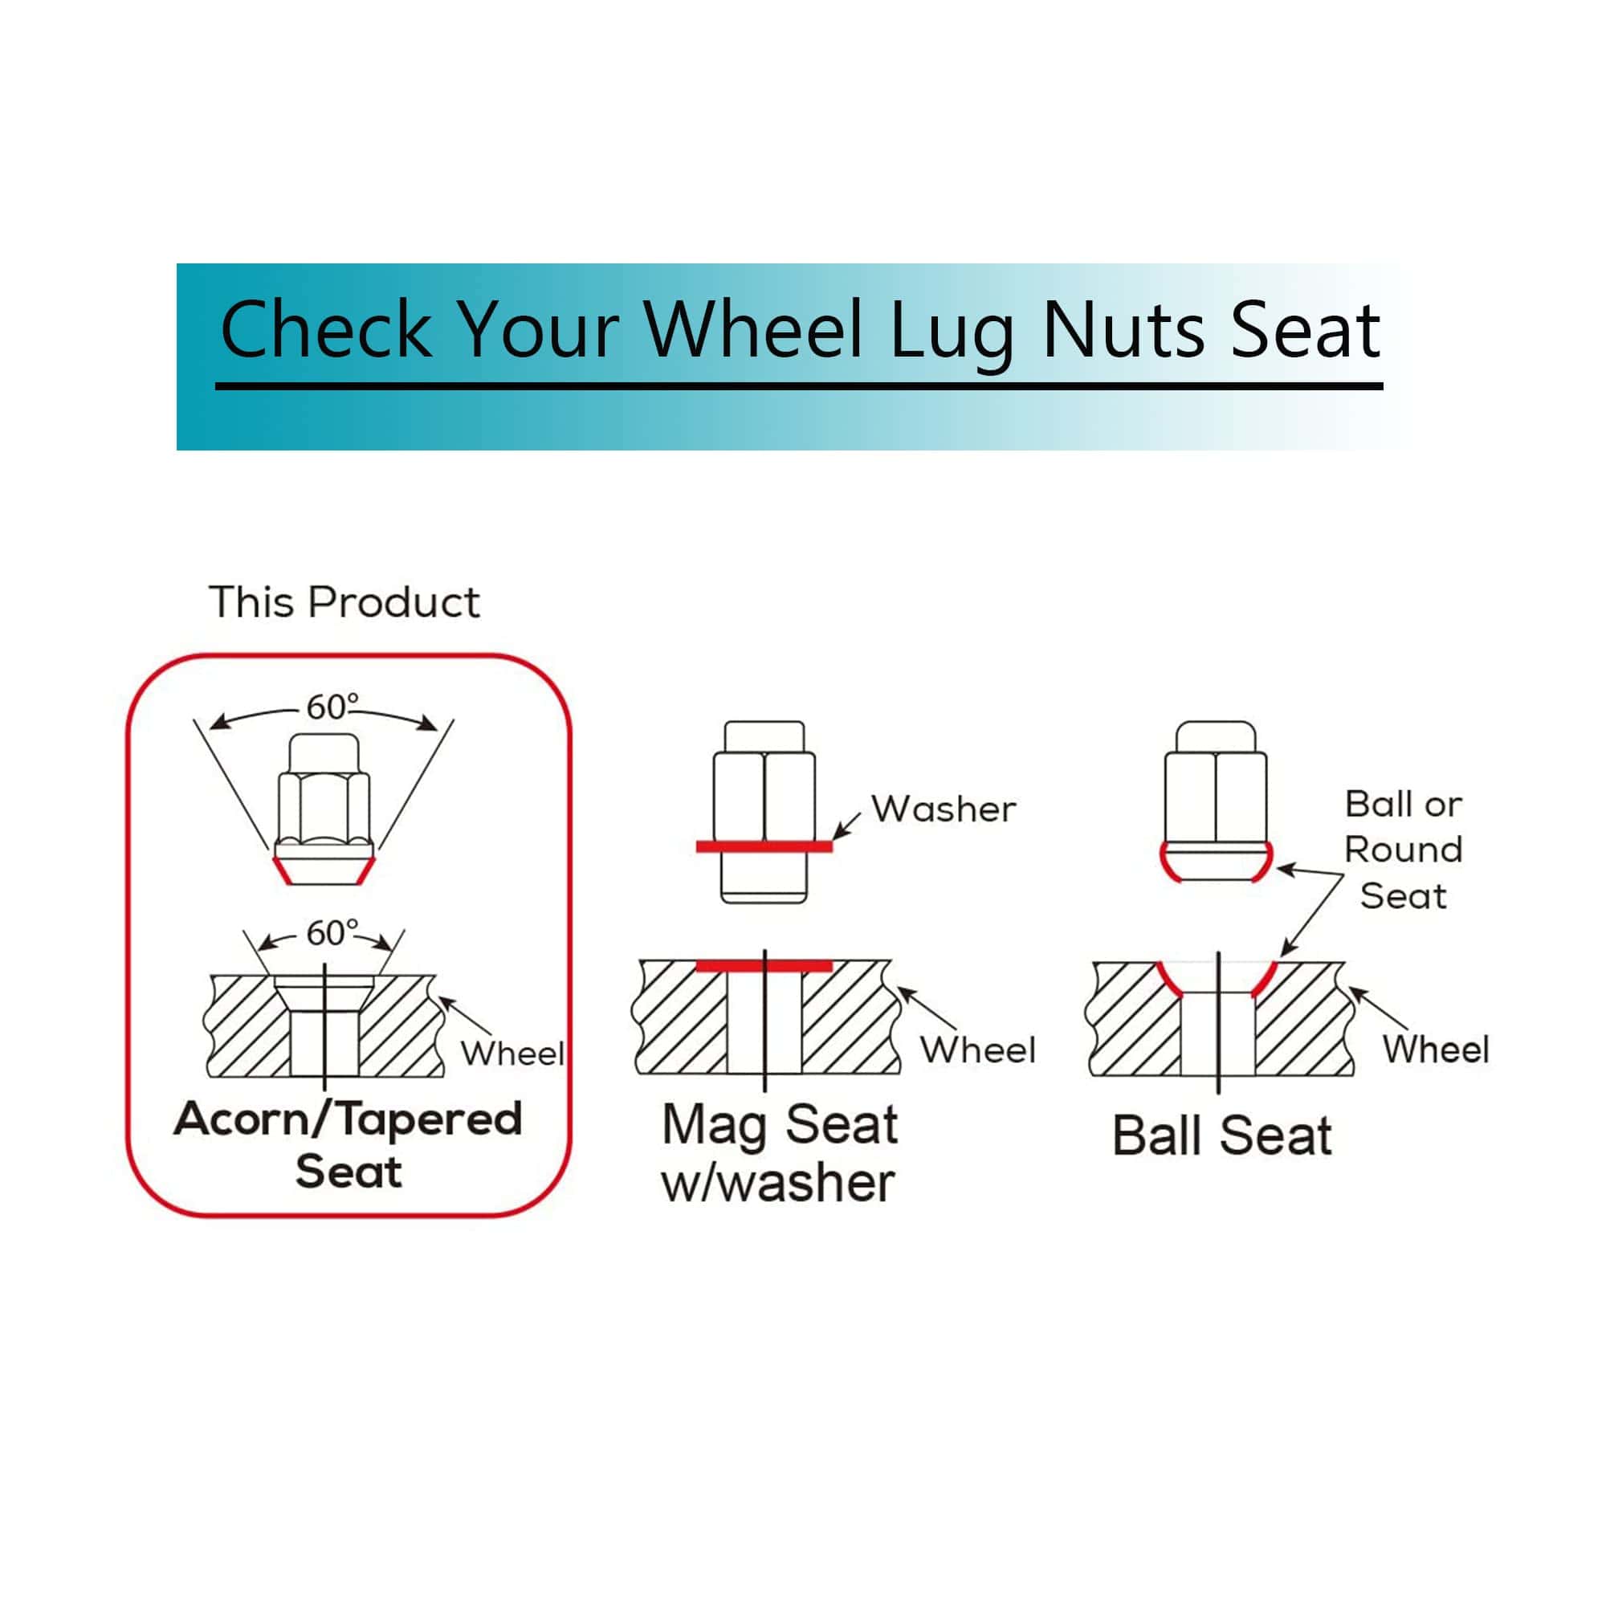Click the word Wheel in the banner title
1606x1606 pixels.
(x=753, y=330)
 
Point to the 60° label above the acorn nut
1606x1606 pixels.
(x=332, y=707)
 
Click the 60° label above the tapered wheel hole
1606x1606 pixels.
(x=332, y=934)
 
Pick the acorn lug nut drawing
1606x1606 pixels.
(x=324, y=809)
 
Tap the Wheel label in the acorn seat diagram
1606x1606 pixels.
(x=513, y=1054)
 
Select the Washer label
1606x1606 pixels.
(x=944, y=809)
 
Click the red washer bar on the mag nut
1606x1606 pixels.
(x=764, y=846)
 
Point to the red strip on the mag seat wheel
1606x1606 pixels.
(x=764, y=966)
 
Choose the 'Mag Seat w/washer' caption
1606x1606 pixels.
(x=779, y=1152)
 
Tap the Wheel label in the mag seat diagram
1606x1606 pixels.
(x=978, y=1050)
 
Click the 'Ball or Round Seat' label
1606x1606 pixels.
(x=1403, y=850)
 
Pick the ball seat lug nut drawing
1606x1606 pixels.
(x=1215, y=802)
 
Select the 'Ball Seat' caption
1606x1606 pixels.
(x=1222, y=1135)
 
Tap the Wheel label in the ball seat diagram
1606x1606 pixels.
(x=1436, y=1049)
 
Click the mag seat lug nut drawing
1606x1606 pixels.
(x=764, y=810)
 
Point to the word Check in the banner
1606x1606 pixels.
(x=325, y=330)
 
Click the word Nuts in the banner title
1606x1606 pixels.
(x=1123, y=330)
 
